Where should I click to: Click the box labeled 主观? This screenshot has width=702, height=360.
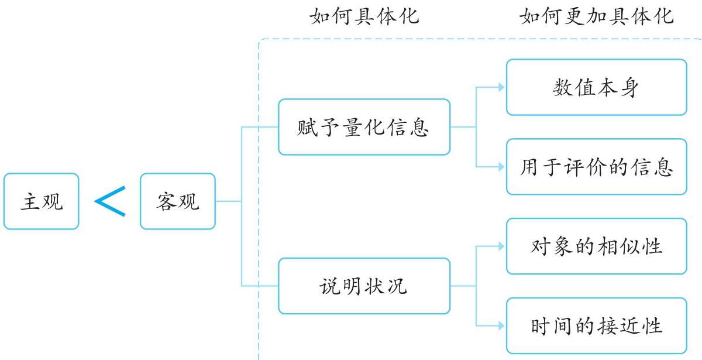click(x=40, y=201)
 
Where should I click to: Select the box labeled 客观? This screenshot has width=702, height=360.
click(x=178, y=201)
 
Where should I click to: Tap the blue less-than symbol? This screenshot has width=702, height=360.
click(x=110, y=201)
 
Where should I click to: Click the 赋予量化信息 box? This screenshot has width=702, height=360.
click(x=364, y=127)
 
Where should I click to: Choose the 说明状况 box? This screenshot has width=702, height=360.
click(x=364, y=286)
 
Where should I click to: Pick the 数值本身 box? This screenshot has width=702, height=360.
click(x=596, y=87)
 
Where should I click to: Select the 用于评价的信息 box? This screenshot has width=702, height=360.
click(x=596, y=167)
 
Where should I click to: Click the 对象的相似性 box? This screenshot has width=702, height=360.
click(x=596, y=246)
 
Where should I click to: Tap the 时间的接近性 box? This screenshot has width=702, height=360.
click(x=596, y=325)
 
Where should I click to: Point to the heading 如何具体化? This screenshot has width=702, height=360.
click(x=364, y=16)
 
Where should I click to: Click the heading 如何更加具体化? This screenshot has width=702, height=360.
click(x=597, y=16)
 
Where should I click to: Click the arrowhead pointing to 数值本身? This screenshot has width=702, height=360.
click(x=501, y=87)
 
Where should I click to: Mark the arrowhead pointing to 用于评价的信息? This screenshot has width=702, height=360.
click(x=501, y=167)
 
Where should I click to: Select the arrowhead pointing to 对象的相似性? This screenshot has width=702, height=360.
click(x=501, y=246)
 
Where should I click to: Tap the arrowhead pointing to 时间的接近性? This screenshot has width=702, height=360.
click(x=501, y=325)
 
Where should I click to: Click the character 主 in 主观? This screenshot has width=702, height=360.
click(x=30, y=201)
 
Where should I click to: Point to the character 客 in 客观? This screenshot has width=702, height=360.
click(x=167, y=201)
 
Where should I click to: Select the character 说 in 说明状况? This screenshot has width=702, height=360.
click(x=330, y=286)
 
